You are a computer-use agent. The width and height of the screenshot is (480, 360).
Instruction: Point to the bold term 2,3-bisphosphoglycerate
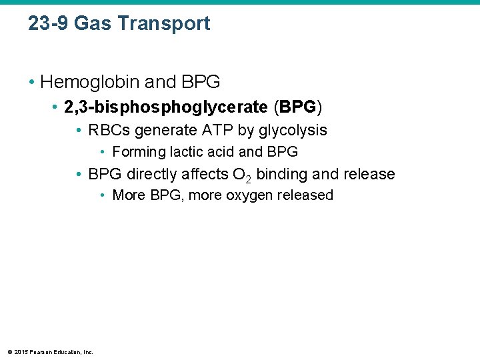(x=167, y=107)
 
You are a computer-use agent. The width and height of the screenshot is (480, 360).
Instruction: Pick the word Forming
(x=139, y=152)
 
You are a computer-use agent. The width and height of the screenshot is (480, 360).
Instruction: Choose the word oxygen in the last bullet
(x=230, y=195)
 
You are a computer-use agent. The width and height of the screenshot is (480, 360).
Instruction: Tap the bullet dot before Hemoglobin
(x=31, y=83)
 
